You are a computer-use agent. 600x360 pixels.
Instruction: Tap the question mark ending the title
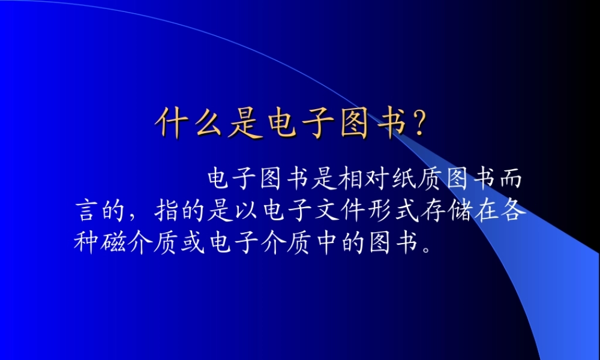[418, 125]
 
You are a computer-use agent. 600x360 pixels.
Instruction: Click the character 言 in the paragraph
[88, 211]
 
